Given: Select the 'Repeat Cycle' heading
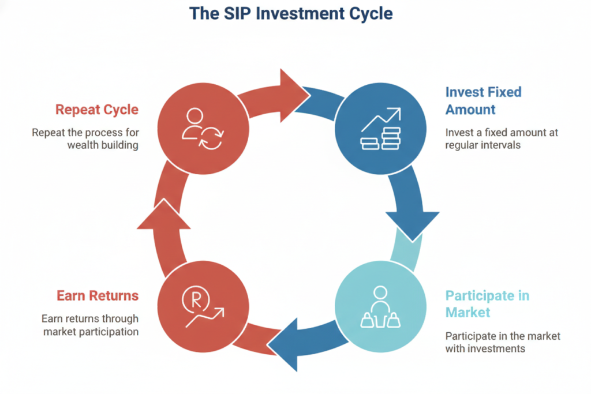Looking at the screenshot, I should click(97, 109).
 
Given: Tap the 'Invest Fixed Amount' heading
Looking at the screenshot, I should click(483, 100).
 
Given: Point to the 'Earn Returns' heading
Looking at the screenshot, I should click(98, 296).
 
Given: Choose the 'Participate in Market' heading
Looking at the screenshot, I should click(487, 304).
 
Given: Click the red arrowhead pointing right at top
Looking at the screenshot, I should click(292, 94).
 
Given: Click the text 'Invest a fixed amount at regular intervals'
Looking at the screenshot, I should click(501, 138).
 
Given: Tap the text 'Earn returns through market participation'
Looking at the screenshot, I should click(89, 325).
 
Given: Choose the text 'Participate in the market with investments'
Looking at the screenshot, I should click(502, 342).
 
